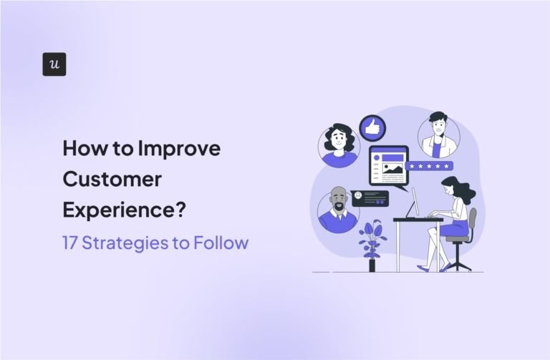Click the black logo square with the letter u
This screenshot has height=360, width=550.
pos(54,64)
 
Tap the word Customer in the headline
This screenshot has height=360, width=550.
pos(113,179)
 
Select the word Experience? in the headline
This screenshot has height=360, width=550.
pos(124,210)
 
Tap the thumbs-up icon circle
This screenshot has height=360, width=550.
pos(372,128)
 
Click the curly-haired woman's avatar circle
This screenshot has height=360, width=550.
pos(339,145)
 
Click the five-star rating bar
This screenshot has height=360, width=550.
pos(428,166)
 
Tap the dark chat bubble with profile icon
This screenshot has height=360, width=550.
pos(370,197)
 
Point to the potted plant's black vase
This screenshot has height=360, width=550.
pos(372,264)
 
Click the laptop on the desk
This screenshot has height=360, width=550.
pos(415,203)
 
